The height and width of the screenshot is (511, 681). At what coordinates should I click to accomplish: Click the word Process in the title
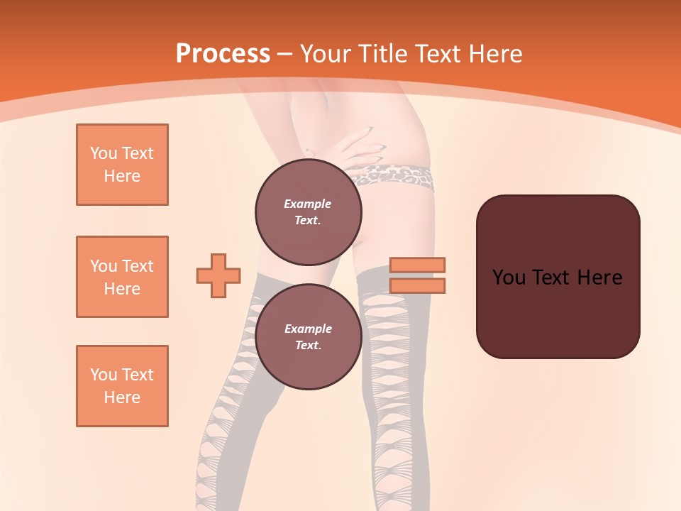(223, 54)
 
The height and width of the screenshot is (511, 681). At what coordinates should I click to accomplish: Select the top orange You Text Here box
(122, 165)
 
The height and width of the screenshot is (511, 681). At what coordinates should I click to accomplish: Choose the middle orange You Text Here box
(122, 277)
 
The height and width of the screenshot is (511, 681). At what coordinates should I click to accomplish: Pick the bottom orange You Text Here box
(122, 386)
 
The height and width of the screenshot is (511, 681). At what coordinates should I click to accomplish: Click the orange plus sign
(218, 275)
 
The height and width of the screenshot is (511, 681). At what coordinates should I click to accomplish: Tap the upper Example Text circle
(308, 212)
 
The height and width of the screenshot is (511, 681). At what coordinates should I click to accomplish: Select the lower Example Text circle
(308, 337)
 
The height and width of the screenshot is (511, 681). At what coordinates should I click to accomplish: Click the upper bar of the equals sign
(417, 265)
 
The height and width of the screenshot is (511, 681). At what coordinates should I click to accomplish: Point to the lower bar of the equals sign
(417, 285)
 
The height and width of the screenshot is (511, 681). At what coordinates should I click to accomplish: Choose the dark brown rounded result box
(558, 277)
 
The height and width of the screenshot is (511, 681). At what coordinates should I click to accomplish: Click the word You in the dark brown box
(509, 278)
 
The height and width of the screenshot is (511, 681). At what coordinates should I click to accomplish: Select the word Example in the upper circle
(308, 204)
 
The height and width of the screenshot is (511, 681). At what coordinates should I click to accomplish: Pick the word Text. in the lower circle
(308, 346)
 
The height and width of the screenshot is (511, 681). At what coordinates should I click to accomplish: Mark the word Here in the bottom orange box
(122, 397)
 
